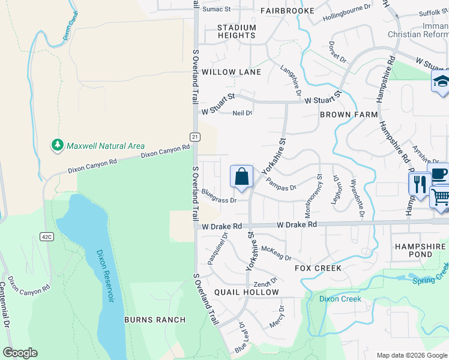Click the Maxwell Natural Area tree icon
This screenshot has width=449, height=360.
(57, 145)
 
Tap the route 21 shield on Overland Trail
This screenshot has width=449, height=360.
(195, 137)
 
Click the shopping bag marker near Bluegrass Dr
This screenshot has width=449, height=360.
(241, 177)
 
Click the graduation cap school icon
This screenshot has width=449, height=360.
(441, 82)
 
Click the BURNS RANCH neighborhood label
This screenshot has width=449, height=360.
(155, 320)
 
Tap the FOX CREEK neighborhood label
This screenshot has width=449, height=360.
(318, 268)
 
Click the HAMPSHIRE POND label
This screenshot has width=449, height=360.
(420, 250)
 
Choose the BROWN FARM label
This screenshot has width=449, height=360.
(349, 114)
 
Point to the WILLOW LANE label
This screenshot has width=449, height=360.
(231, 72)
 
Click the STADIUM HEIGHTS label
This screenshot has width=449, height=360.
(237, 31)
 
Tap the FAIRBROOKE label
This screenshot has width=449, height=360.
(288, 11)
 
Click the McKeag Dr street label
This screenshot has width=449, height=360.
(276, 254)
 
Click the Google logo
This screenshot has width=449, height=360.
(20, 353)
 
